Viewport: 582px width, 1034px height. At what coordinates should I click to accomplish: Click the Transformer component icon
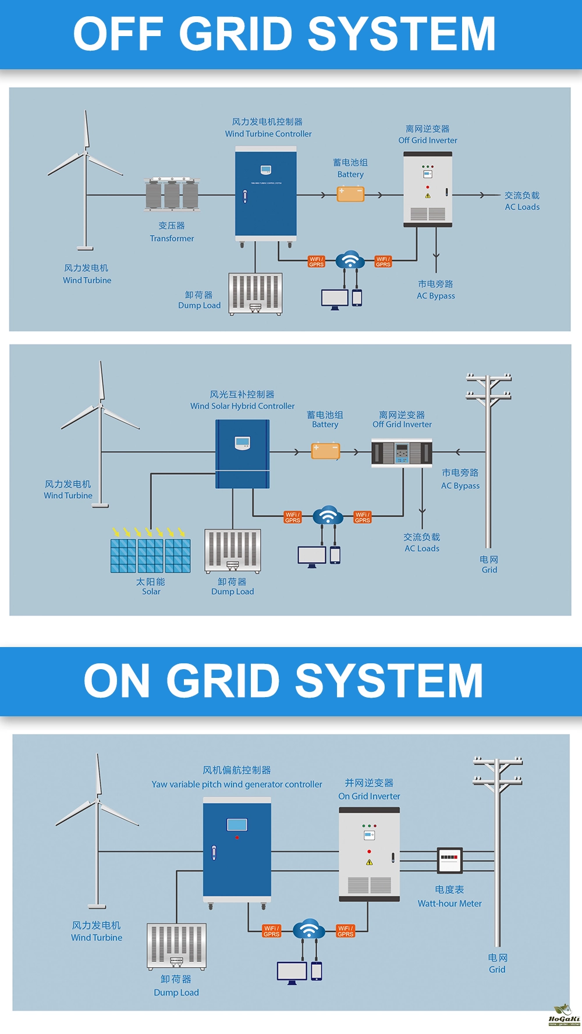coord(172,194)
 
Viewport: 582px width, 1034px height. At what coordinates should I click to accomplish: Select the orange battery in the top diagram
coord(350,194)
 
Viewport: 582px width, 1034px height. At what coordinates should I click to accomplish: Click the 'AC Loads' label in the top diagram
coord(522,207)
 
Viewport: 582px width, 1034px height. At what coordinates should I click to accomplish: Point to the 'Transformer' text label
coord(172,238)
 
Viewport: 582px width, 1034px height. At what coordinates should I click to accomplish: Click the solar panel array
coord(151,556)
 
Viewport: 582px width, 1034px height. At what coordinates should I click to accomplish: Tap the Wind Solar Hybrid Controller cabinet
coord(243,453)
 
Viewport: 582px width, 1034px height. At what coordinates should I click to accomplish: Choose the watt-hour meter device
coord(449,860)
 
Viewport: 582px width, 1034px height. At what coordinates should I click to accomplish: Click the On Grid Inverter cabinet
coord(369,854)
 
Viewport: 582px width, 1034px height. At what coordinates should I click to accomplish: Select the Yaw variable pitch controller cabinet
coord(237,849)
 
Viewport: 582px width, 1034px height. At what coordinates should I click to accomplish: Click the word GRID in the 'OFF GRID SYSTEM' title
coord(235,34)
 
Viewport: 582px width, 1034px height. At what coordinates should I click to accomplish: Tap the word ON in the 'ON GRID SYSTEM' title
coord(116,681)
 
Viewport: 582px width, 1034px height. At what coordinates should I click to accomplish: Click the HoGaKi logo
coord(563,1015)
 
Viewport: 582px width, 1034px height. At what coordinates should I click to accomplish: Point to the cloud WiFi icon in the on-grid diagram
coord(308,930)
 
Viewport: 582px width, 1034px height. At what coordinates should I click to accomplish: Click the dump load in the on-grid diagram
coord(176,946)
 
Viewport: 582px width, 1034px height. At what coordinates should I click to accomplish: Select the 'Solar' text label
coord(151,591)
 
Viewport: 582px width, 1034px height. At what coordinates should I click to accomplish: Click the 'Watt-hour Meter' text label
coord(449,903)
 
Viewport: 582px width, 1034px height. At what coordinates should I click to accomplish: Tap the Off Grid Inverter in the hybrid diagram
coord(402,453)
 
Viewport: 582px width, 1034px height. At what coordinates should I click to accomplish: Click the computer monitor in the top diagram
coord(335,299)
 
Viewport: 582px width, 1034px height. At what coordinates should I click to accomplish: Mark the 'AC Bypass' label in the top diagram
coord(435,296)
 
